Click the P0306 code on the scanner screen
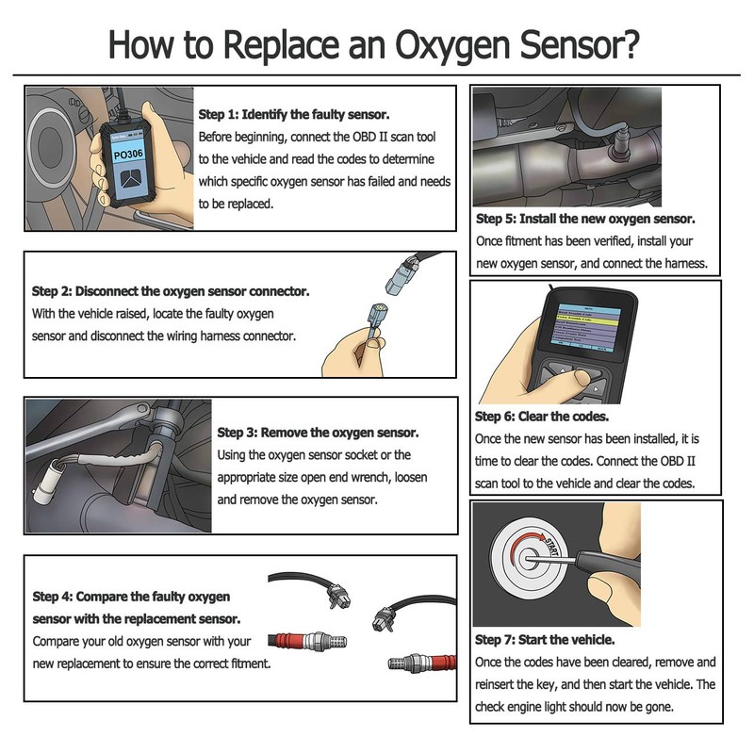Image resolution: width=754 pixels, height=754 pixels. click(x=128, y=155)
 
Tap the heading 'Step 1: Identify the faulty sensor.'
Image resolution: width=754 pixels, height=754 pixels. click(x=294, y=114)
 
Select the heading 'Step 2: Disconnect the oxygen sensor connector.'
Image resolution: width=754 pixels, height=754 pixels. click(x=171, y=291)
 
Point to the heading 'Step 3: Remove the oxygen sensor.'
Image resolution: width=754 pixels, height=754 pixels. click(x=318, y=433)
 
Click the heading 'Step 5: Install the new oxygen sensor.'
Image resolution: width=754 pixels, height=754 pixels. click(x=585, y=219)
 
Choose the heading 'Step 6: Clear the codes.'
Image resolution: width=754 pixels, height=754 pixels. click(x=542, y=417)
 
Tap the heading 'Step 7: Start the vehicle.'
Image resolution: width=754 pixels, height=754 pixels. click(x=545, y=640)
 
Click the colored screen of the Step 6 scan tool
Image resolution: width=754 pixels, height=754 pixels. click(x=585, y=328)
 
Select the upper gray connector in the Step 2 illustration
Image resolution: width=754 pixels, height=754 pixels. click(x=401, y=276)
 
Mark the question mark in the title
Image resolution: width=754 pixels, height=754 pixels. click(x=628, y=43)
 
